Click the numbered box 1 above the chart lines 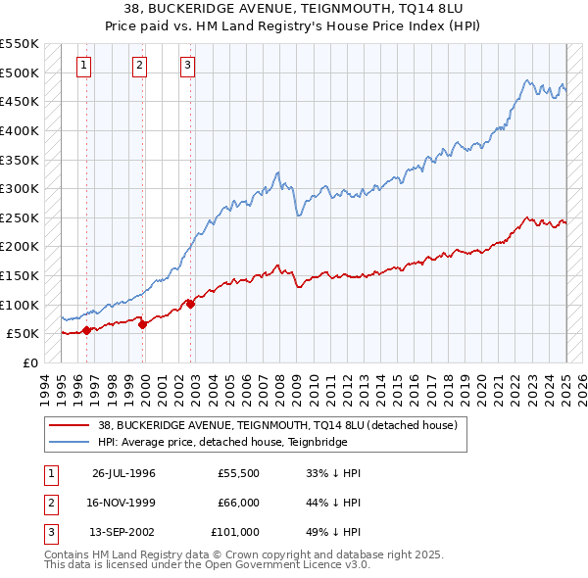tap(84, 66)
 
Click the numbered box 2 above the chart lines tap(139, 66)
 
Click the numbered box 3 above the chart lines tap(186, 66)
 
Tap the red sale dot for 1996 tap(86, 330)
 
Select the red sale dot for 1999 tap(142, 324)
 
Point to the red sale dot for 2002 tap(190, 304)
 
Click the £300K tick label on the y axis tap(20, 188)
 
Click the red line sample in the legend tap(69, 425)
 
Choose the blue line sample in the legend tap(69, 442)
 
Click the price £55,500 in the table tap(238, 473)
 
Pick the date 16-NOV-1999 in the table tap(123, 503)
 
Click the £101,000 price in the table tap(235, 532)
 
